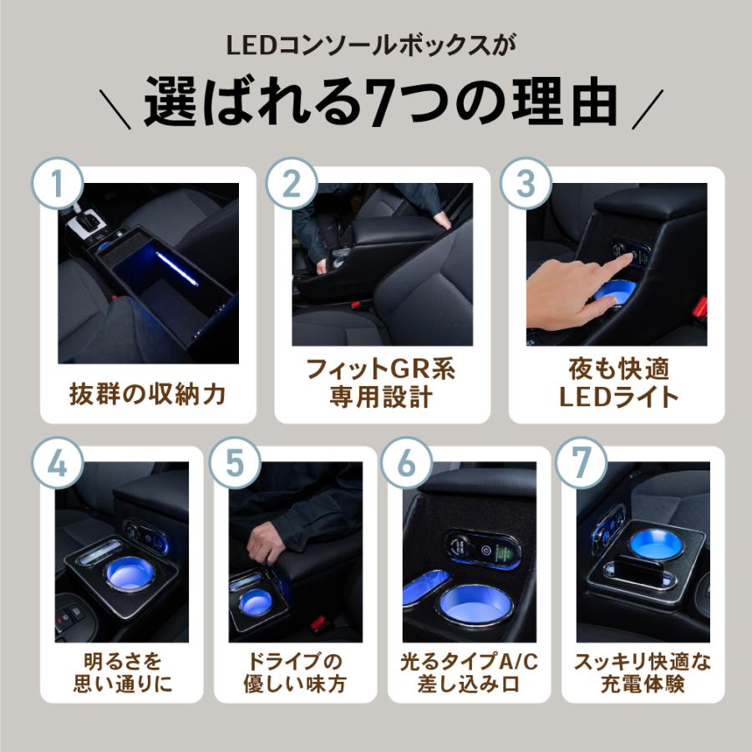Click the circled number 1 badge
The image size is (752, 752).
(x=58, y=183)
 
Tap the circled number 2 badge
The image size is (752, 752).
(x=292, y=183)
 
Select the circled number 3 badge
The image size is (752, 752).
(x=526, y=183)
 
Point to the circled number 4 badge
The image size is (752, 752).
(x=58, y=463)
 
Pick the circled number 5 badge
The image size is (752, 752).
(x=235, y=463)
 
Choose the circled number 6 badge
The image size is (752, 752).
(x=407, y=463)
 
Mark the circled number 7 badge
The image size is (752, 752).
(x=582, y=463)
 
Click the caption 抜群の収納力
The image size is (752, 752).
(x=148, y=394)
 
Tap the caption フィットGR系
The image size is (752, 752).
(x=381, y=369)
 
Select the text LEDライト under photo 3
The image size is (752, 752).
(x=618, y=397)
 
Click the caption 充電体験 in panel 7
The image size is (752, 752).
(x=643, y=683)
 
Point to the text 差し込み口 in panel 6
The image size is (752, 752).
(x=469, y=683)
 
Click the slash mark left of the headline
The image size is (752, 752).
(x=115, y=109)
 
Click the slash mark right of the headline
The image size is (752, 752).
(x=648, y=109)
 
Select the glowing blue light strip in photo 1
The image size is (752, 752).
(x=176, y=268)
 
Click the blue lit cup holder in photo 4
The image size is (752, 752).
(x=130, y=573)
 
